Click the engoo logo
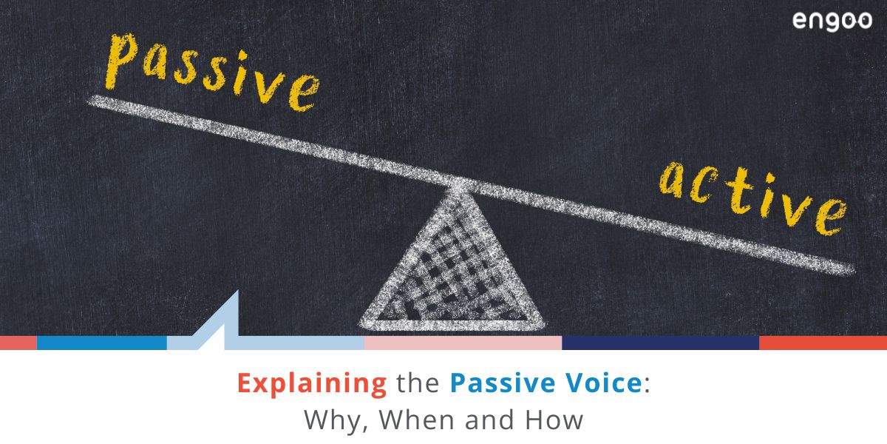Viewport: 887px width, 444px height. pos(832,21)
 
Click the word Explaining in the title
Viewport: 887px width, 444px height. pos(312,384)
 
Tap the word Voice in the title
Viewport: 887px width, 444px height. pos(598,384)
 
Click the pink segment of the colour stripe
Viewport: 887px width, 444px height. pos(463,343)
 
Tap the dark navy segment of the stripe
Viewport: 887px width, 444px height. pos(660,343)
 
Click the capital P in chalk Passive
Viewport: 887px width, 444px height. pos(123,59)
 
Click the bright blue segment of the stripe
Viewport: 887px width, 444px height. pos(101,343)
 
